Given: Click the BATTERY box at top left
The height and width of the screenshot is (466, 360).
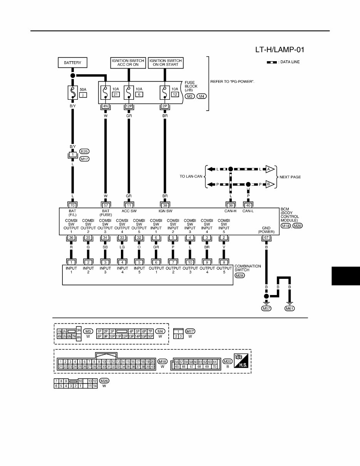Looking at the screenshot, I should pyautogui.click(x=73, y=62).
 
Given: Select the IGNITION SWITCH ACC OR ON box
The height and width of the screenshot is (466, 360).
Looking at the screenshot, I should pyautogui.click(x=128, y=62).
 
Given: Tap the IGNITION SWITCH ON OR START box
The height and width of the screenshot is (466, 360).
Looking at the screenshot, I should pyautogui.click(x=165, y=62).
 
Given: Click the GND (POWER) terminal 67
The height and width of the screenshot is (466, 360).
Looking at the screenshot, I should pyautogui.click(x=266, y=238).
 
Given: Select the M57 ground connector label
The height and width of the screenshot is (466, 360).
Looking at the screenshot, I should pyautogui.click(x=266, y=308).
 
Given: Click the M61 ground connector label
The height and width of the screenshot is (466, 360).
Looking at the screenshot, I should pyautogui.click(x=290, y=308).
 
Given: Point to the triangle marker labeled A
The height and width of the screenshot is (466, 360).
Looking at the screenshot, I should pyautogui.click(x=270, y=169).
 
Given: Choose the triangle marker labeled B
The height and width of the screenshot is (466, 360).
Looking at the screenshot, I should pyautogui.click(x=270, y=184).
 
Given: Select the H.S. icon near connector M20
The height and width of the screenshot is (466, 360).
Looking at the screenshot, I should pyautogui.click(x=241, y=362).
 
